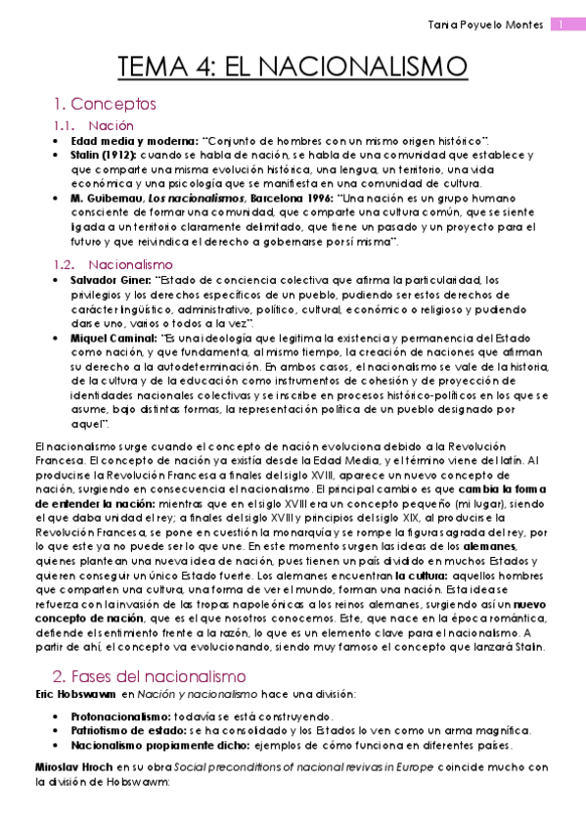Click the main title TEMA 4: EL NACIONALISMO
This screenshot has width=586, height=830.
(293, 67)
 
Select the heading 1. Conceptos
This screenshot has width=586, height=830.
(106, 103)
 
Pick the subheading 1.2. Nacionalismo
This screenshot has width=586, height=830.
(115, 264)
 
